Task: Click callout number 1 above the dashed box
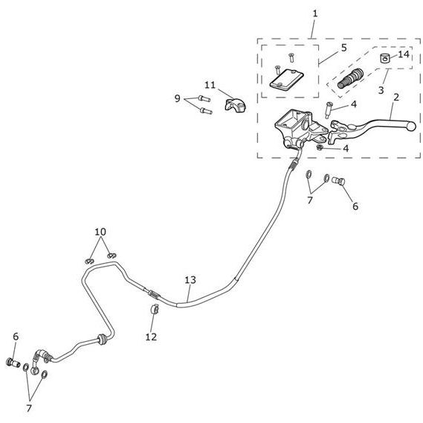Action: click(314, 13)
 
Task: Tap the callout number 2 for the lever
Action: click(395, 98)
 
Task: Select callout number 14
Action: click(404, 54)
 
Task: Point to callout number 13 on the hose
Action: click(190, 280)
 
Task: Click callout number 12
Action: click(151, 337)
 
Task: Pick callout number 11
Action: click(210, 85)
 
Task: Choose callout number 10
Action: click(100, 232)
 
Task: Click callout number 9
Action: click(177, 98)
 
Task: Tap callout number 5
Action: click(343, 48)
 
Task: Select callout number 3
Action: click(381, 90)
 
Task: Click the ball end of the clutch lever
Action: click(412, 126)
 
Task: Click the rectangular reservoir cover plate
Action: click(287, 79)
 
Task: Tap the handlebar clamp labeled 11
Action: click(235, 105)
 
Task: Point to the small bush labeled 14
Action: click(385, 58)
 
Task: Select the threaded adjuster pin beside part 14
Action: click(350, 78)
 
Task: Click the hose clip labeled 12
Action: click(155, 309)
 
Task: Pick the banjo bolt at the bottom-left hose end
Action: click(13, 362)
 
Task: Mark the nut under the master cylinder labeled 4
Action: click(320, 147)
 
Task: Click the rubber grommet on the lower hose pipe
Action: click(101, 340)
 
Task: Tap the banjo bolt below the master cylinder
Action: click(338, 181)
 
